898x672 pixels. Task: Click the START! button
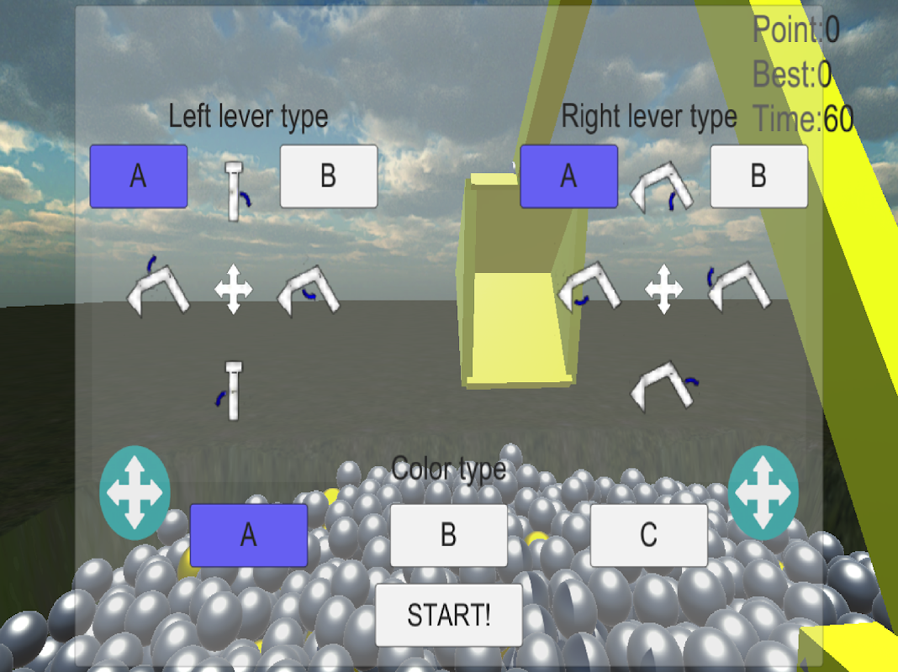(x=448, y=615)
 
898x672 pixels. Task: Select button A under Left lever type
(x=139, y=176)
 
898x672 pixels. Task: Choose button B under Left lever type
(x=329, y=176)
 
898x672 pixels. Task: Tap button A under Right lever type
(x=568, y=176)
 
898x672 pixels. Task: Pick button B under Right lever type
(x=758, y=176)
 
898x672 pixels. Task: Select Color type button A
(x=249, y=535)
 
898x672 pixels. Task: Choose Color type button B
(x=448, y=535)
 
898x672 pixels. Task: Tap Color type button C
(x=649, y=535)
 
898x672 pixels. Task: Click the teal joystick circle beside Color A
(x=135, y=492)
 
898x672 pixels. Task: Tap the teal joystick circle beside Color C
(x=763, y=492)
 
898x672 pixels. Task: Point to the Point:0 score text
(x=796, y=29)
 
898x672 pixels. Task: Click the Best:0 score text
(x=792, y=75)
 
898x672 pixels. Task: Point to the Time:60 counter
(x=803, y=119)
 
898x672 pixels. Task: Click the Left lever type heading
(x=248, y=117)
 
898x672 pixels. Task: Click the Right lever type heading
(x=649, y=117)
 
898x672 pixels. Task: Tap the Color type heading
(x=448, y=470)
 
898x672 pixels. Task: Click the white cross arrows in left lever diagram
(x=233, y=289)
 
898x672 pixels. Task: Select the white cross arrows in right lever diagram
(x=663, y=289)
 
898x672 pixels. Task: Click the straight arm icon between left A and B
(x=234, y=191)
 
